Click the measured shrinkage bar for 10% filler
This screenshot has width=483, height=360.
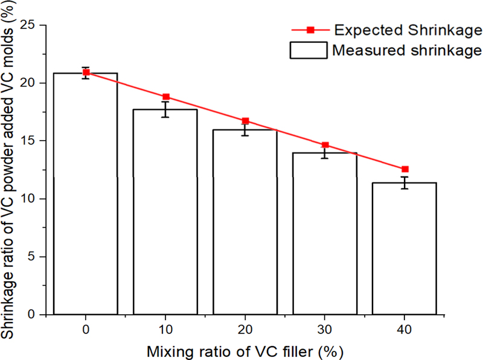tap(165, 211)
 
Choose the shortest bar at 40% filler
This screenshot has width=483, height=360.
tap(405, 248)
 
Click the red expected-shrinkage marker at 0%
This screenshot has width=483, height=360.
tap(86, 72)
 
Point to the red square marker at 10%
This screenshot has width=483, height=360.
tap(166, 97)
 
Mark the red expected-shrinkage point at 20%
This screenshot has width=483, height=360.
tap(246, 121)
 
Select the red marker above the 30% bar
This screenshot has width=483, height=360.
tap(325, 145)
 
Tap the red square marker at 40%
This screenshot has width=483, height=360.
tap(405, 169)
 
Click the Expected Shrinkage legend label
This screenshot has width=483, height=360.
tap(407, 30)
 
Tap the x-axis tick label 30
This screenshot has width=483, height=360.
tap(325, 330)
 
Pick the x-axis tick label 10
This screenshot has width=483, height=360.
tap(165, 330)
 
